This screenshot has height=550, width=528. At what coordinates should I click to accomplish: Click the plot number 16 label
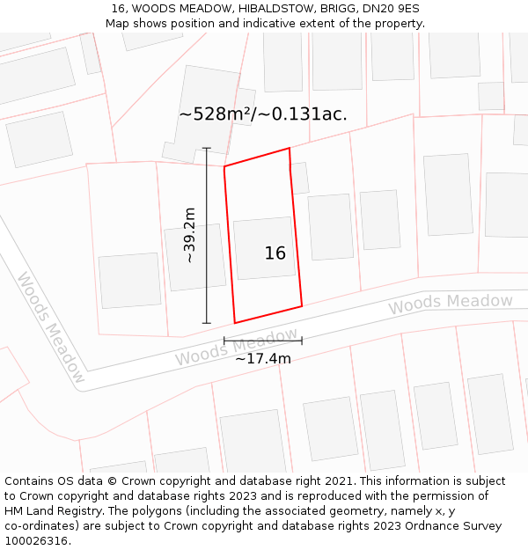pyautogui.click(x=275, y=253)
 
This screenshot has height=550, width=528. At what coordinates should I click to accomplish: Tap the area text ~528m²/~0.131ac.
pyautogui.click(x=262, y=114)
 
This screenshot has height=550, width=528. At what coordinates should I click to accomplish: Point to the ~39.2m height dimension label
pyautogui.click(x=190, y=235)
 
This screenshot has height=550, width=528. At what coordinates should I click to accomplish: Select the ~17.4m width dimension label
pyautogui.click(x=263, y=358)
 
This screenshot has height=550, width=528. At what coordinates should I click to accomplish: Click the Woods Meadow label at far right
pyautogui.click(x=451, y=304)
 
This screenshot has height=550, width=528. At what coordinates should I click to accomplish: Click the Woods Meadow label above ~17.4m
pyautogui.click(x=236, y=348)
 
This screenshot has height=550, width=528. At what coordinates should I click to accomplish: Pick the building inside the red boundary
pyautogui.click(x=264, y=248)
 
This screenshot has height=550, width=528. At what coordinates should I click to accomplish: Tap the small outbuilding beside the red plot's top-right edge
pyautogui.click(x=299, y=178)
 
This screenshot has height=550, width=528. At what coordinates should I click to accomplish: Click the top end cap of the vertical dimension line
pyautogui.click(x=207, y=148)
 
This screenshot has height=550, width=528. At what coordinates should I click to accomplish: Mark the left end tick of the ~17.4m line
pyautogui.click(x=224, y=341)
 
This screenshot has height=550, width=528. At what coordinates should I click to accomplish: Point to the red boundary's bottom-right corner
pyautogui.click(x=302, y=306)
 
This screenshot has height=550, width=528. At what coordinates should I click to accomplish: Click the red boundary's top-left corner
pyautogui.click(x=224, y=166)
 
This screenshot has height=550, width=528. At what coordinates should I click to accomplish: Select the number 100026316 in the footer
pyautogui.click(x=35, y=541)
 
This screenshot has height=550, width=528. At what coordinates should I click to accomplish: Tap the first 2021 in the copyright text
pyautogui.click(x=341, y=481)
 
